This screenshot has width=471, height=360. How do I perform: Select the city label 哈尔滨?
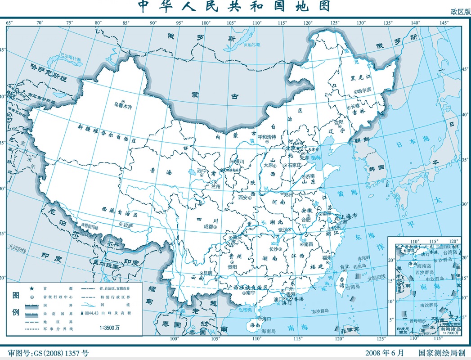pyautogui.click(x=365, y=90)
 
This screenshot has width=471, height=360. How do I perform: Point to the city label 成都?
pyautogui.click(x=209, y=227)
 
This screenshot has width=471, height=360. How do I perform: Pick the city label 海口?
pyautogui.click(x=266, y=319)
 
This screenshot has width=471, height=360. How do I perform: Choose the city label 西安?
pyautogui.click(x=243, y=197)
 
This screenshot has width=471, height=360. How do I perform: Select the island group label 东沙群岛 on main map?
pyautogui.click(x=318, y=311)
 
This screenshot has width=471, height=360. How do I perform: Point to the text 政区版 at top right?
pyautogui.click(x=460, y=13)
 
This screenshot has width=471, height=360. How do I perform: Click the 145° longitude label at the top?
pyautogui.click(x=444, y=22)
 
